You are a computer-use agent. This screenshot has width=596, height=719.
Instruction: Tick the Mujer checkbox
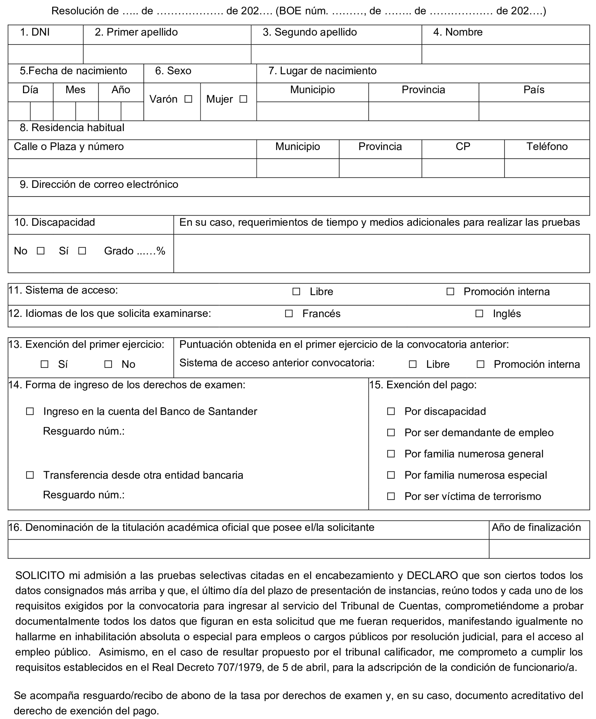click(x=243, y=99)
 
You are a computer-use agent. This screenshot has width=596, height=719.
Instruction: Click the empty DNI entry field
click(x=45, y=54)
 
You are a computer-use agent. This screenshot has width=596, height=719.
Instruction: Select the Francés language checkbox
click(x=289, y=314)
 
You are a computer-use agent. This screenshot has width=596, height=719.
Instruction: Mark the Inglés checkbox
click(x=479, y=314)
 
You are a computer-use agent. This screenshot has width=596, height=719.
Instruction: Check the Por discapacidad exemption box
click(x=391, y=411)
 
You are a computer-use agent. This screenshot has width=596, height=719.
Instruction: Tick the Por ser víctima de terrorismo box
click(x=391, y=496)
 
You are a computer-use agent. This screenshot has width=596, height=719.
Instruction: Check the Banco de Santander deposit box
click(x=30, y=411)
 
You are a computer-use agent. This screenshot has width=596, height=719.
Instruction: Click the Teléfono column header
click(x=547, y=147)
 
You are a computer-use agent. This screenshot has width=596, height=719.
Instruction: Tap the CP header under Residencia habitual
click(x=463, y=147)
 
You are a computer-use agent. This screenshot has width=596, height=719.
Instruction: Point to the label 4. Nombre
click(x=458, y=32)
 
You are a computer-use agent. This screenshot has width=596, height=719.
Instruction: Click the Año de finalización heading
click(x=536, y=527)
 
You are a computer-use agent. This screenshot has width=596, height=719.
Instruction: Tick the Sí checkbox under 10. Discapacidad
click(x=82, y=251)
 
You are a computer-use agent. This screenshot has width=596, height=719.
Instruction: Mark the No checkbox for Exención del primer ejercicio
click(x=108, y=364)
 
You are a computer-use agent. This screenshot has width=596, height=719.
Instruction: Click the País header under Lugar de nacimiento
click(x=534, y=90)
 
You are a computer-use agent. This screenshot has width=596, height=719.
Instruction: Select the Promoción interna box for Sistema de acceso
click(x=451, y=292)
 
